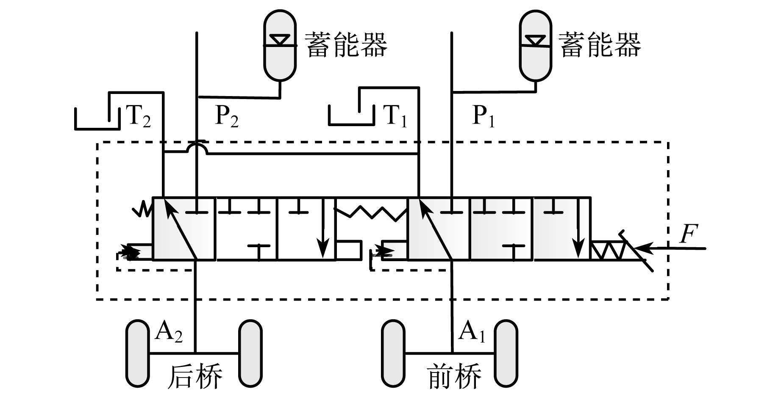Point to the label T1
coord(394,116)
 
